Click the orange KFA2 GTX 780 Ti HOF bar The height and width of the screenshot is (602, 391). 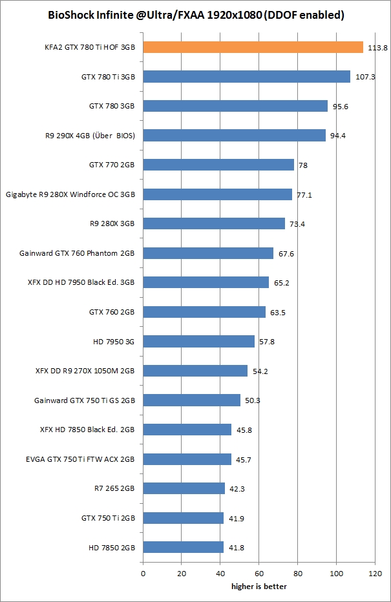(253, 47)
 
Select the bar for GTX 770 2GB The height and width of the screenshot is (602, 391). (218, 165)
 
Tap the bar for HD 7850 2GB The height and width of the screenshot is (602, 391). (183, 547)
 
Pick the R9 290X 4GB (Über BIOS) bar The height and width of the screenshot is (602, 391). (234, 135)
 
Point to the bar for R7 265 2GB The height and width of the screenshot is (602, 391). (184, 488)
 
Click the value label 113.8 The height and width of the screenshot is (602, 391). (377, 48)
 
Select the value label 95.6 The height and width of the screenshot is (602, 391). (341, 107)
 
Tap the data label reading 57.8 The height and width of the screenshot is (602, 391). (267, 342)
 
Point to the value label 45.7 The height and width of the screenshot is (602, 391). (244, 459)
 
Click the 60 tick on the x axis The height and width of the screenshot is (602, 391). (259, 572)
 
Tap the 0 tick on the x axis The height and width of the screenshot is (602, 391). (143, 572)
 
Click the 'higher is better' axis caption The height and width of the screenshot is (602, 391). (259, 586)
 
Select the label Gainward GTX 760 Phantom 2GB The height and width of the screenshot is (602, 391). (77, 253)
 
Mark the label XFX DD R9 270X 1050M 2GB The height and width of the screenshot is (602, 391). (85, 371)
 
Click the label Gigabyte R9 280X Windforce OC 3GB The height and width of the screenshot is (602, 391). (70, 194)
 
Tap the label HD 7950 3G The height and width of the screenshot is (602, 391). (114, 342)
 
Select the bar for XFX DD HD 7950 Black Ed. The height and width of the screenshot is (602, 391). (206, 282)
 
